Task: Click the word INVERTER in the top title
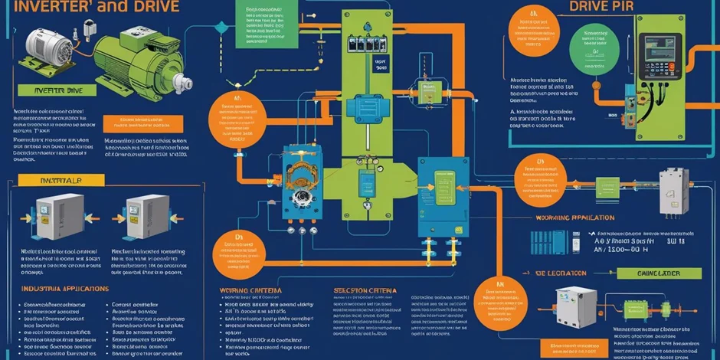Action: (x=46, y=7)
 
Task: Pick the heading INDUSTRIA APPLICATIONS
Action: (x=64, y=289)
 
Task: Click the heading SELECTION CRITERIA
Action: (x=364, y=290)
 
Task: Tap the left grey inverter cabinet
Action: (x=60, y=215)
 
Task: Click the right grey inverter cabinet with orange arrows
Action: (x=142, y=217)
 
